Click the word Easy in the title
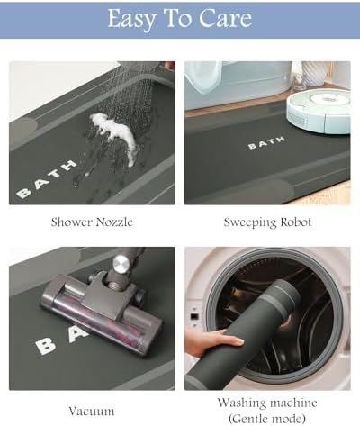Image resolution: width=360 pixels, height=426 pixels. pyautogui.click(x=131, y=19)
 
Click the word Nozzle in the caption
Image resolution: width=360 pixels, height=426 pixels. pyautogui.click(x=114, y=222)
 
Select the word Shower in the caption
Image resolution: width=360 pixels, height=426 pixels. pyautogui.click(x=71, y=222)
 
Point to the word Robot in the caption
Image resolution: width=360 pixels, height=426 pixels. pyautogui.click(x=296, y=222)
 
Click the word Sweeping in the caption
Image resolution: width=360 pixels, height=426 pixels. pyautogui.click(x=250, y=222)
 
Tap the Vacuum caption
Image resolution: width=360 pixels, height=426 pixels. pyautogui.click(x=92, y=411)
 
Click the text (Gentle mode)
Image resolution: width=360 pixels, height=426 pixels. pyautogui.click(x=267, y=418)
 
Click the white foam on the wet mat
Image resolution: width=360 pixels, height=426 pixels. pyautogui.click(x=115, y=132)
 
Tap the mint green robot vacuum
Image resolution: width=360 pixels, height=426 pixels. pyautogui.click(x=319, y=111)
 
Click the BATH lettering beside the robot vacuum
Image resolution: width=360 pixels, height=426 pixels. pyautogui.click(x=266, y=143)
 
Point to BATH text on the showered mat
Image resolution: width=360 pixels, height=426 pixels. pyautogui.click(x=46, y=179)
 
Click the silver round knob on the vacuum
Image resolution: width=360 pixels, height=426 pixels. pyautogui.click(x=121, y=264)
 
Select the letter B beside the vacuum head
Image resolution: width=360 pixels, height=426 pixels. pyautogui.click(x=46, y=346)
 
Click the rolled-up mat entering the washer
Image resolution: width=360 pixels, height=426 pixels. pyautogui.click(x=245, y=335)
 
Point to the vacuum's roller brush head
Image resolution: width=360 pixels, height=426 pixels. pyautogui.click(x=102, y=313)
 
